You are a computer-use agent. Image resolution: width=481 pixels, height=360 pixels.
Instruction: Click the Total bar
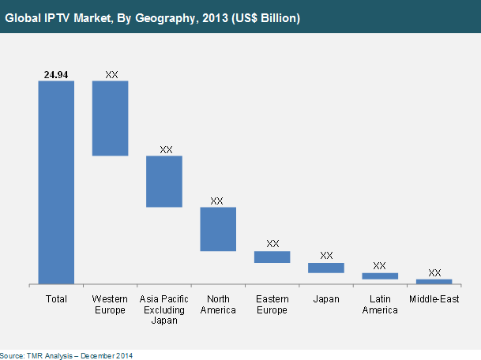click(56, 182)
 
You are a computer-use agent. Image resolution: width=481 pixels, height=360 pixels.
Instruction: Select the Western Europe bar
click(110, 118)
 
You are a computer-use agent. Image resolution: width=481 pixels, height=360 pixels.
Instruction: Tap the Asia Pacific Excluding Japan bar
click(164, 182)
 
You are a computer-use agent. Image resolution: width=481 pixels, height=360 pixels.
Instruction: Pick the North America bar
click(218, 229)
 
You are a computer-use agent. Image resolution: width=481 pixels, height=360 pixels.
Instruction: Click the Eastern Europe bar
click(272, 257)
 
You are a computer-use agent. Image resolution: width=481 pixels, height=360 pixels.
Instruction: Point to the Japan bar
click(325, 268)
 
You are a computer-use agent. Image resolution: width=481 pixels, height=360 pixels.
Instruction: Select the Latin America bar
click(379, 276)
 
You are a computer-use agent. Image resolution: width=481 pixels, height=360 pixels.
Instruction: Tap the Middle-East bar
click(434, 281)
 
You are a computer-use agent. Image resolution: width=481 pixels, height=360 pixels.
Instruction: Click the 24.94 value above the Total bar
click(56, 73)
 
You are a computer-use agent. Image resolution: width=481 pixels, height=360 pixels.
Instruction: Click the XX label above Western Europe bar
click(111, 73)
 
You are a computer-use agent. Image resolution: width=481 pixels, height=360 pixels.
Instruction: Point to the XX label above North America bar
click(218, 201)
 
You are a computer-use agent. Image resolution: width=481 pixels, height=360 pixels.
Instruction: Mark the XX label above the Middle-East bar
click(434, 272)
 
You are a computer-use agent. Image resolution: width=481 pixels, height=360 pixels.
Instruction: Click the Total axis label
click(56, 299)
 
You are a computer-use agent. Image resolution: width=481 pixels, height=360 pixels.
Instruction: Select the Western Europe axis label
click(110, 305)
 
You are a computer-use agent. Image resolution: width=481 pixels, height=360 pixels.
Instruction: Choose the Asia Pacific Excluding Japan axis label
click(164, 309)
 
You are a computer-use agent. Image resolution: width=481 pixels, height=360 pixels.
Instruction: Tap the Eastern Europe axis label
click(272, 305)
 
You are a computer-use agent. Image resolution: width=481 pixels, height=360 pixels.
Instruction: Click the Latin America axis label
click(379, 305)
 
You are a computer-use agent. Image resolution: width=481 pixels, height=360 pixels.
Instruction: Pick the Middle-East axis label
click(434, 299)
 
